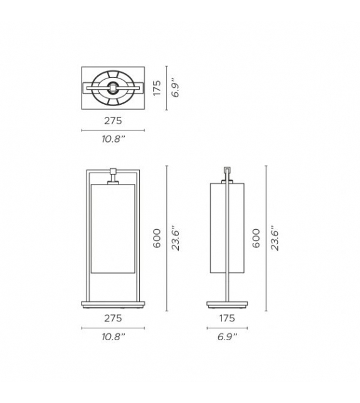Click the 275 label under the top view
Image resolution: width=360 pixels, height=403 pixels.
pyautogui.click(x=113, y=121)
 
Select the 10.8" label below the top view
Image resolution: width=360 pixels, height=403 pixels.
pyautogui.click(x=113, y=139)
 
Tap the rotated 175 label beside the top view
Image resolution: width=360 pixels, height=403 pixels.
pyautogui.click(x=157, y=88)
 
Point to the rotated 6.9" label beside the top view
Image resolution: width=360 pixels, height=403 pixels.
pyautogui.click(x=177, y=88)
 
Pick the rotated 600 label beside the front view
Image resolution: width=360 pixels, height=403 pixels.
pyautogui.click(x=157, y=239)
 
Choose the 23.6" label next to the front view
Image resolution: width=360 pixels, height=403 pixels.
pyautogui.click(x=177, y=239)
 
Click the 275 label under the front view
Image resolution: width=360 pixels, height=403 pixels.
pyautogui.click(x=113, y=319)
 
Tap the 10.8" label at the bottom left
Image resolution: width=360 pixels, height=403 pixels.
pyautogui.click(x=113, y=338)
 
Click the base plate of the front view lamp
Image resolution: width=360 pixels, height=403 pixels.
pyautogui.click(x=113, y=304)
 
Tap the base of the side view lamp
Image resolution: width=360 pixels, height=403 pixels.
pyautogui.click(x=226, y=305)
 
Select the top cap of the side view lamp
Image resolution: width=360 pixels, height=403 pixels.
pyautogui.click(x=226, y=171)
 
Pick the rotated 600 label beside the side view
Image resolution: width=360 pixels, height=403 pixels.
pyautogui.click(x=256, y=239)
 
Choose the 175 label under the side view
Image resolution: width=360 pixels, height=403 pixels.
pyautogui.click(x=226, y=319)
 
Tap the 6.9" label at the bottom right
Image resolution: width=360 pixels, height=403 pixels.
pyautogui.click(x=226, y=338)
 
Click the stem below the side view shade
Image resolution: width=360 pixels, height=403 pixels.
pyautogui.click(x=226, y=287)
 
